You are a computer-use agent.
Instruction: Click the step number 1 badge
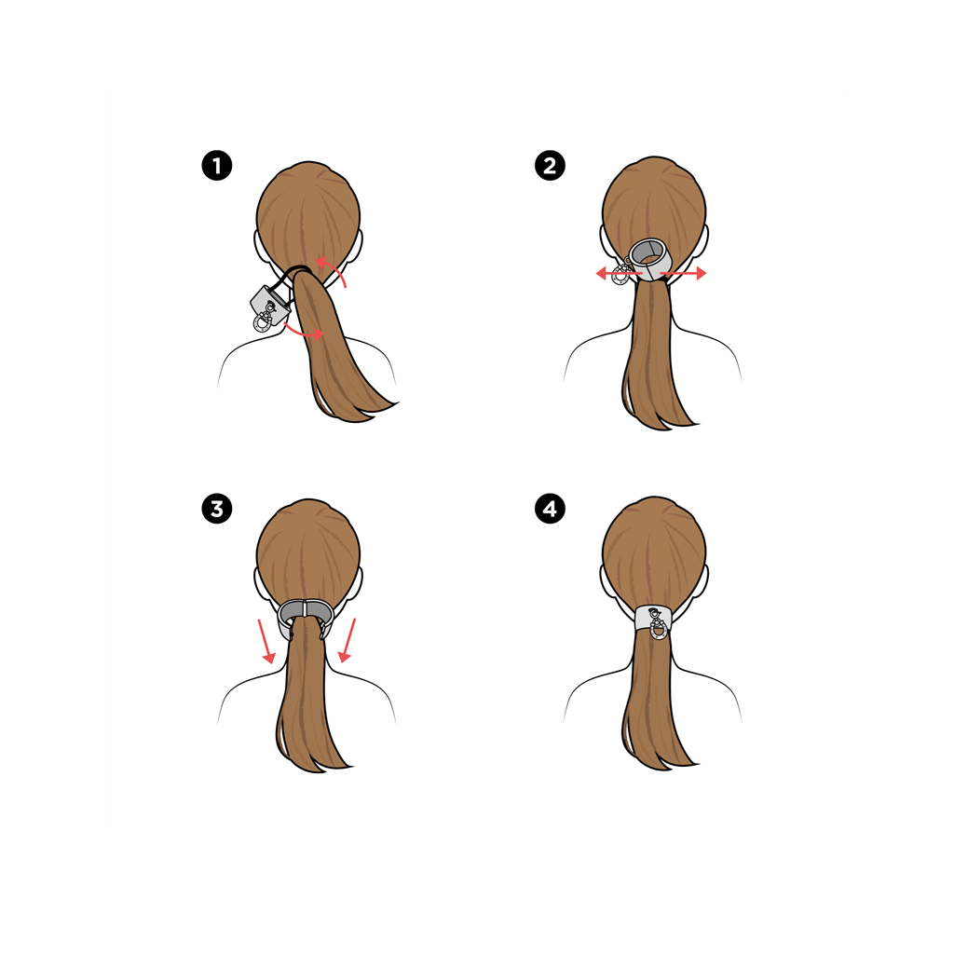[216, 166]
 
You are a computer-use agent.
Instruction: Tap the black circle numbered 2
[550, 166]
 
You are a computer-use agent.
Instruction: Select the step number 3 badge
[216, 509]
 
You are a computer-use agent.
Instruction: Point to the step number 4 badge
[550, 509]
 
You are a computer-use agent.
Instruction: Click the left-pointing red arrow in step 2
[619, 274]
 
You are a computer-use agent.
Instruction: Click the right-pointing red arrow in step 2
[683, 274]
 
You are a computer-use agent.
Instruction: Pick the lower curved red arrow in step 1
[305, 331]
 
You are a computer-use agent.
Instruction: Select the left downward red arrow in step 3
[266, 641]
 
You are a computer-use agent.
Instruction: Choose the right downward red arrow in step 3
[347, 640]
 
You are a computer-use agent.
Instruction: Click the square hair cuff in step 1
[267, 305]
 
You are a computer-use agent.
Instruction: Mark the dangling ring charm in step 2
[621, 272]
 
